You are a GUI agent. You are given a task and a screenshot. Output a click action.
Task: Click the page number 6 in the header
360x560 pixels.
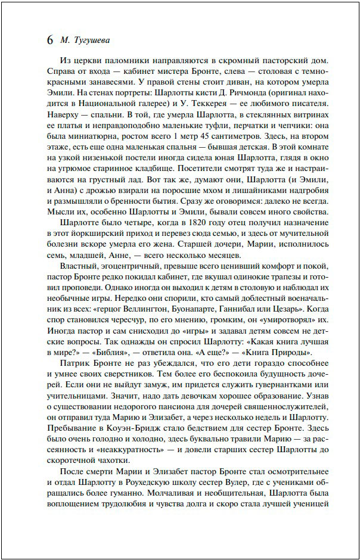(x=49, y=41)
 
